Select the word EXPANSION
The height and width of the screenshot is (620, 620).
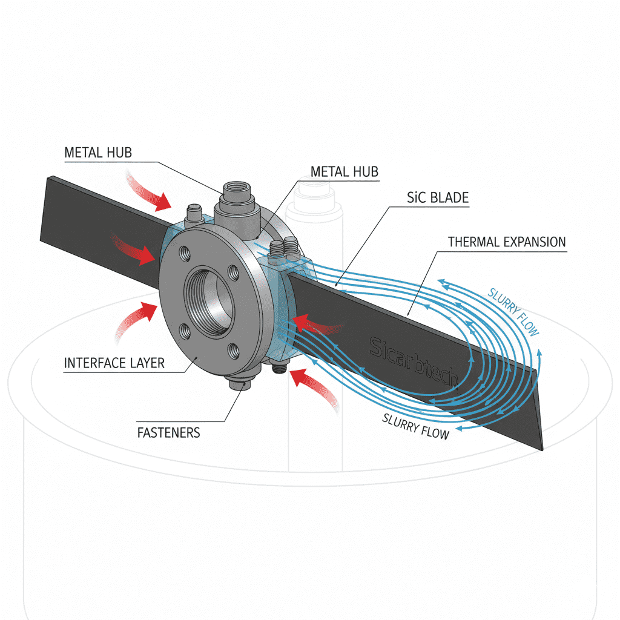click(536, 242)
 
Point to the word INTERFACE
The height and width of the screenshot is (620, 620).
click(94, 364)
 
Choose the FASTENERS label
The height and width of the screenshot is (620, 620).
click(168, 432)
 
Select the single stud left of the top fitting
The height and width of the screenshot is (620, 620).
click(193, 213)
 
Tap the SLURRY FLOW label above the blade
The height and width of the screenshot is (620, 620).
click(513, 310)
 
